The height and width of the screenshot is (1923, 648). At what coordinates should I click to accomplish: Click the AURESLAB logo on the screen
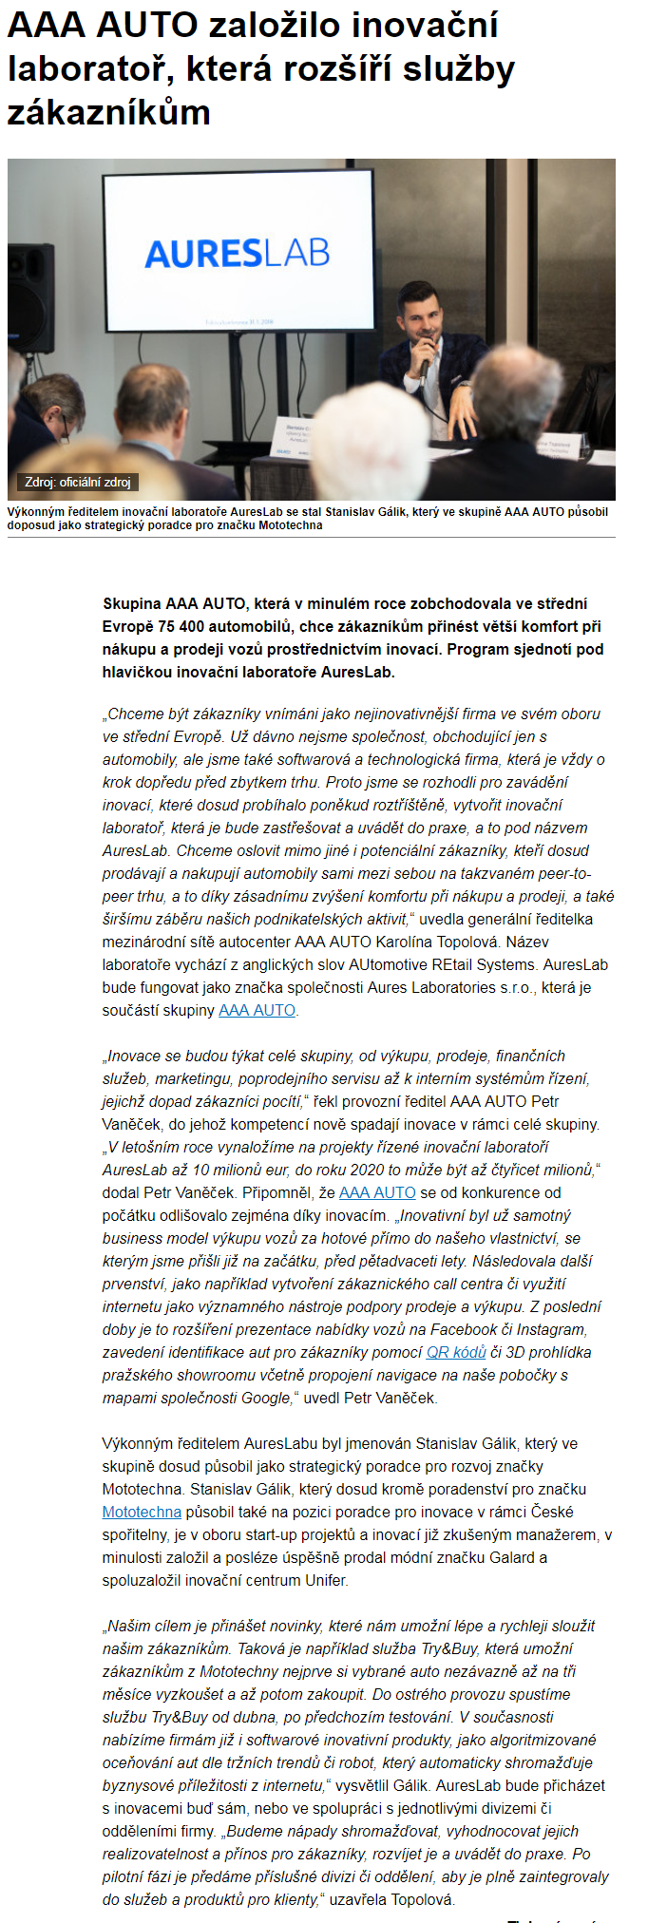pyautogui.click(x=238, y=253)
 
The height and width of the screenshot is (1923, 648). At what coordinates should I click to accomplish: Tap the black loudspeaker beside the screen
pyautogui.click(x=31, y=297)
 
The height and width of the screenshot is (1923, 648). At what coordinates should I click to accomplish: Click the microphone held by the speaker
pyautogui.click(x=424, y=367)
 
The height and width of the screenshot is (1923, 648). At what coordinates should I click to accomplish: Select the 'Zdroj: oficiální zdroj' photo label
pyautogui.click(x=78, y=482)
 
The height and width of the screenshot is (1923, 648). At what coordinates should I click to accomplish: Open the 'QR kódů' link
pyautogui.click(x=456, y=1352)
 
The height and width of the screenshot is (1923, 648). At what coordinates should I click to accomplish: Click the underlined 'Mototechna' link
pyautogui.click(x=142, y=1512)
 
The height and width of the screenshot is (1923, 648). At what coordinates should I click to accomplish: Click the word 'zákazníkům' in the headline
pyautogui.click(x=108, y=113)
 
